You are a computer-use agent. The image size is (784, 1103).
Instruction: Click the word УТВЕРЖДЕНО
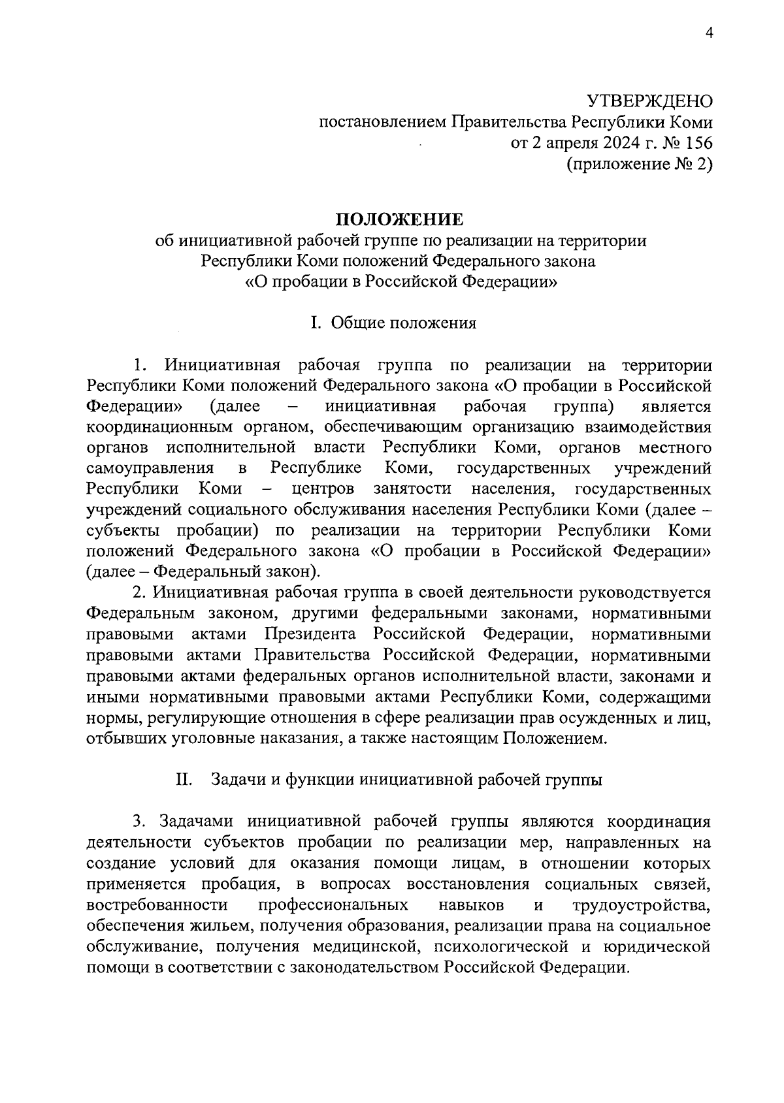tap(648, 101)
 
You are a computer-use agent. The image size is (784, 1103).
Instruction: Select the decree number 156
tap(696, 143)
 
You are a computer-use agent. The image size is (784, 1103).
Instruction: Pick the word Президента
tap(310, 634)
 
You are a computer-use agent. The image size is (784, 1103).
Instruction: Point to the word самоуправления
tap(150, 468)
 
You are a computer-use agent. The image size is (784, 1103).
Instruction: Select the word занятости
tap(412, 489)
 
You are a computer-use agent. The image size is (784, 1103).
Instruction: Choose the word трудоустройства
tap(642, 905)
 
